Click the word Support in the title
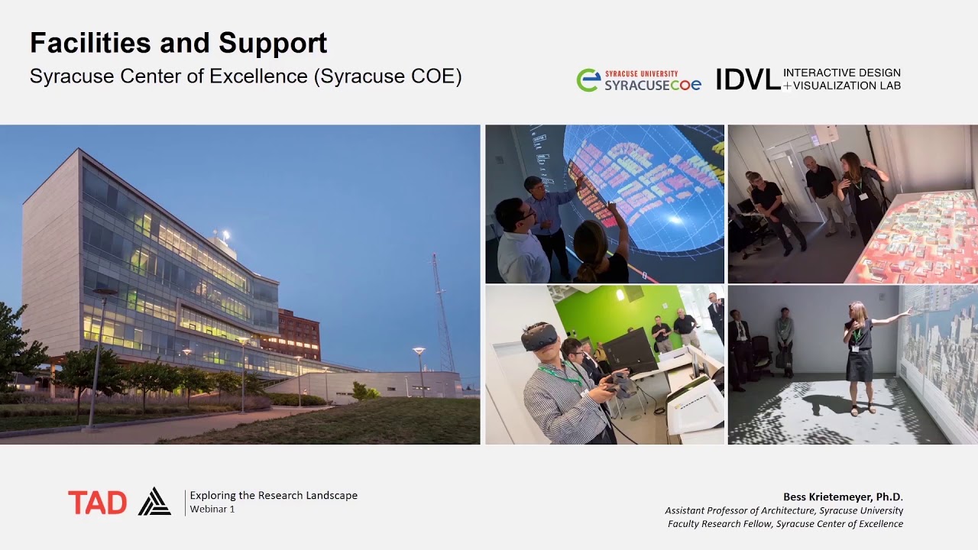[x=273, y=44]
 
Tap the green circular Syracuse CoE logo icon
[x=588, y=79]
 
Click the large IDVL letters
[x=747, y=79]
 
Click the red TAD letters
[x=97, y=503]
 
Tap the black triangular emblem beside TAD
[x=154, y=502]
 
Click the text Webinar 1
[x=212, y=510]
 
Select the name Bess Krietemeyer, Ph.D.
[x=843, y=497]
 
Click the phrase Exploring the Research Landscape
[x=274, y=495]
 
